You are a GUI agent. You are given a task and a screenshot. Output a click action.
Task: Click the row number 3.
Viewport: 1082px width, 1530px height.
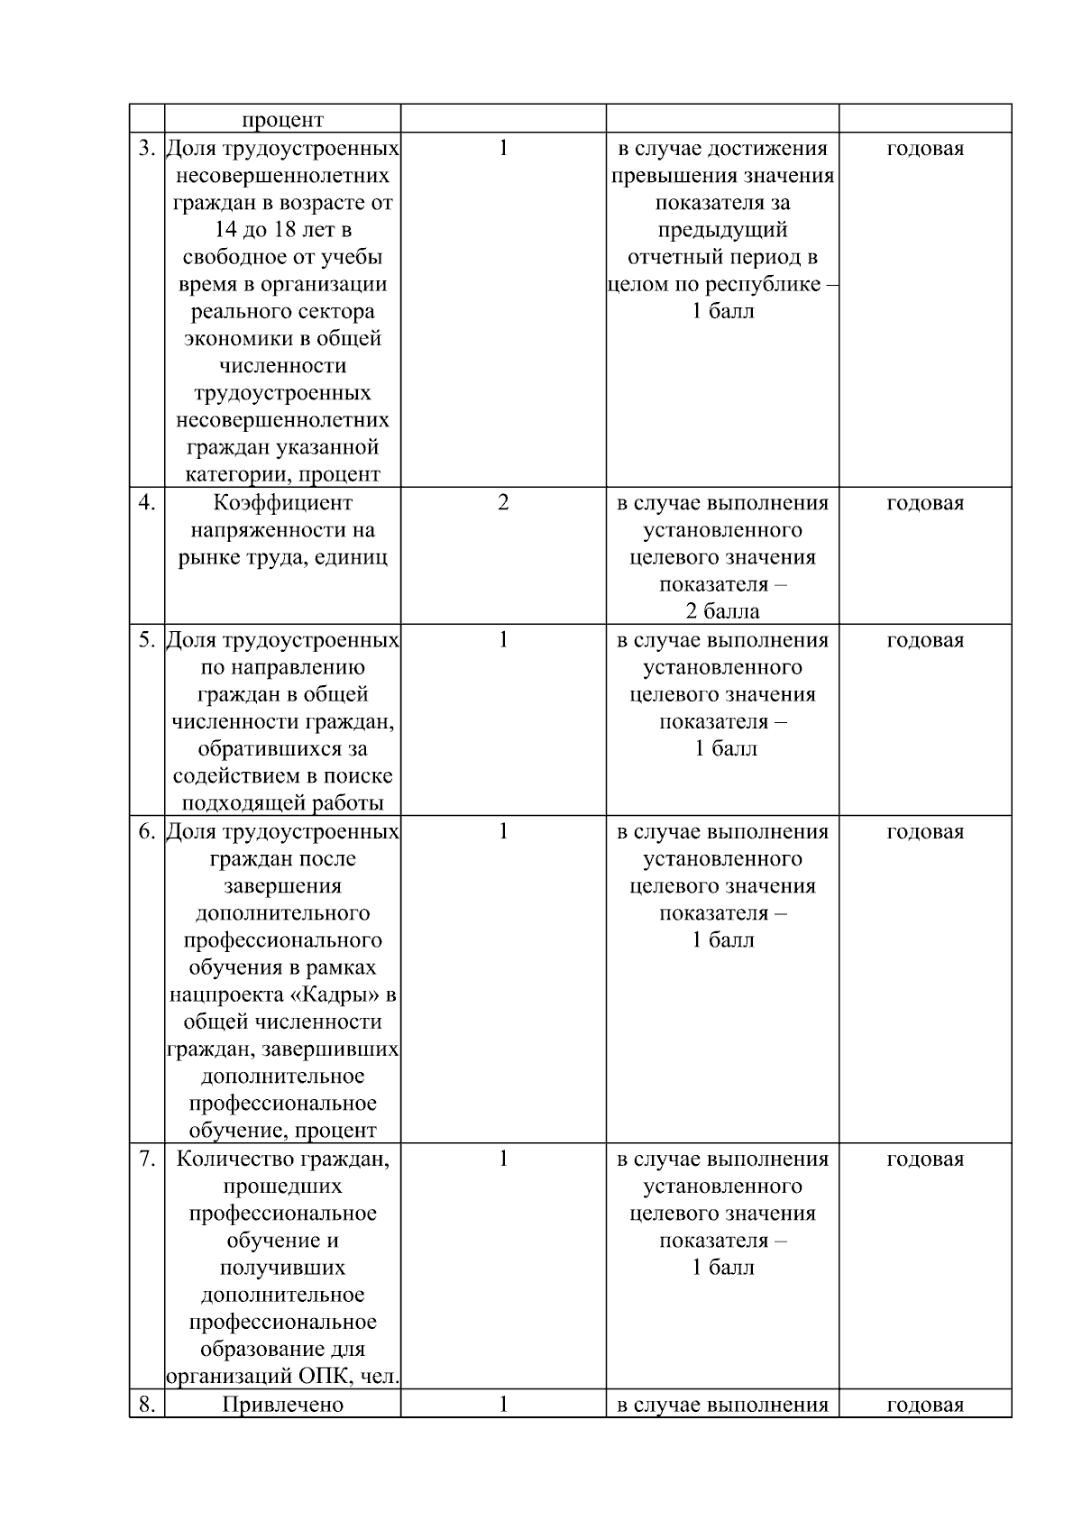pyautogui.click(x=147, y=148)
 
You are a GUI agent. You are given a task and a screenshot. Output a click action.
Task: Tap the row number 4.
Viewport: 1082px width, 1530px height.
pyautogui.click(x=147, y=502)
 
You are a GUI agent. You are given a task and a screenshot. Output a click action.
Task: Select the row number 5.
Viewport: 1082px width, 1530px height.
pyautogui.click(x=147, y=639)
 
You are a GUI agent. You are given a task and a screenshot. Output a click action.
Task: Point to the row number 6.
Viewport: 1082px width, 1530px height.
pyautogui.click(x=147, y=830)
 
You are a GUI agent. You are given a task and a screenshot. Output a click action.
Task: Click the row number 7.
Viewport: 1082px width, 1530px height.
pyautogui.click(x=147, y=1158)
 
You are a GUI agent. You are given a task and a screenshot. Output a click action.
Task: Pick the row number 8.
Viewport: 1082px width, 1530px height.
pyautogui.click(x=147, y=1404)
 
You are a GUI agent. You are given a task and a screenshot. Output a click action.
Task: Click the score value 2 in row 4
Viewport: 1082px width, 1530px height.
pyautogui.click(x=503, y=502)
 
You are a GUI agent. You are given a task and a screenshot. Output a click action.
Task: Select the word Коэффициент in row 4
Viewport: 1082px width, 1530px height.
pyautogui.click(x=283, y=502)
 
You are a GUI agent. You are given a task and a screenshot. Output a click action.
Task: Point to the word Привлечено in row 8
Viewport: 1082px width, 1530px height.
pyautogui.click(x=283, y=1404)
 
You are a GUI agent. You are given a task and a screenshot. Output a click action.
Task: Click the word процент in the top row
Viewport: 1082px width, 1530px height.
pyautogui.click(x=283, y=120)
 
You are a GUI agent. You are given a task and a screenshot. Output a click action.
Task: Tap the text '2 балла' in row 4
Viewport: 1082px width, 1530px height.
pyautogui.click(x=723, y=611)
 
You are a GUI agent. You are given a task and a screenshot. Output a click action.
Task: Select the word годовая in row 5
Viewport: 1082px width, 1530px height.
pyautogui.click(x=925, y=640)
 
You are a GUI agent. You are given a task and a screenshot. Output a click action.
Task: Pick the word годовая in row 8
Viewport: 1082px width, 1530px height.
pyautogui.click(x=925, y=1405)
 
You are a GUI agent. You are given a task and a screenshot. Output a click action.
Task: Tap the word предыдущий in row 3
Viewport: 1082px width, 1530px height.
pyautogui.click(x=723, y=230)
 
